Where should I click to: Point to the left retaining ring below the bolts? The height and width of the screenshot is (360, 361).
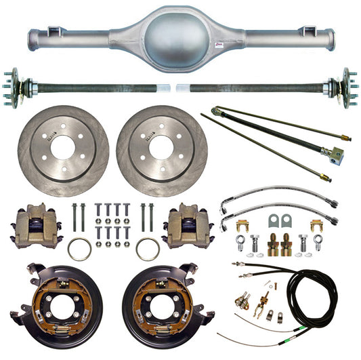(x=79, y=249)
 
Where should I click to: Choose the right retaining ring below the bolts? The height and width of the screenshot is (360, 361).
(x=147, y=249)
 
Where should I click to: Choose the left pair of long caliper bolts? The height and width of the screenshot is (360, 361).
(x=76, y=216)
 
